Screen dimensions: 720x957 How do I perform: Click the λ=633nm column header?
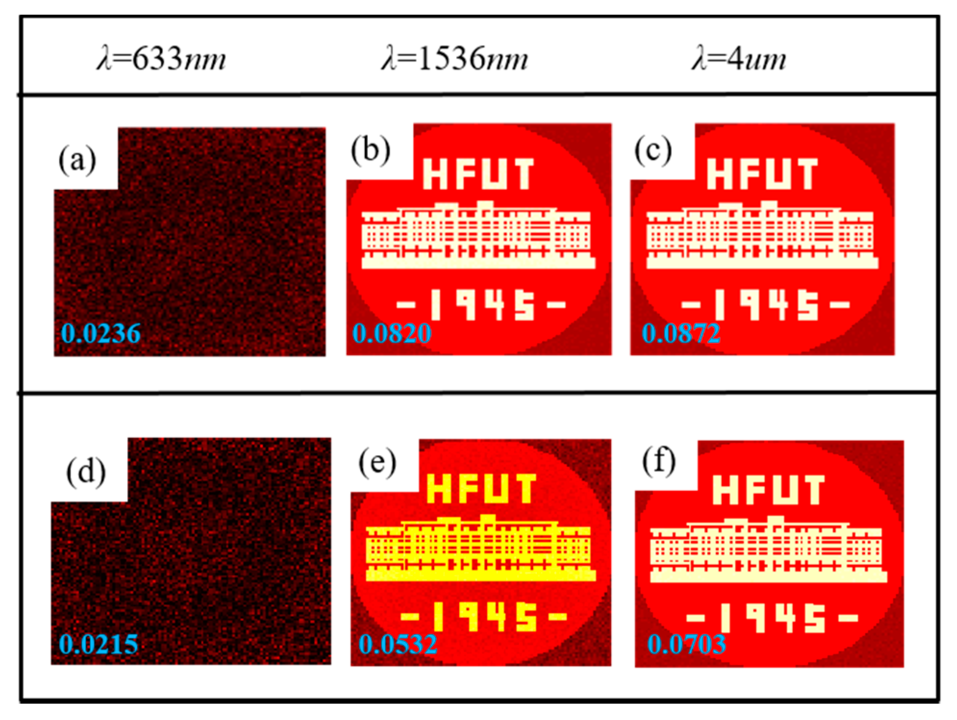(x=162, y=59)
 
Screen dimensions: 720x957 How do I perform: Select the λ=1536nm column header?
(x=455, y=59)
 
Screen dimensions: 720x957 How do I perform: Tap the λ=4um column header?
(x=739, y=59)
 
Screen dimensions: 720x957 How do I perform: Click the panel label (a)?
(x=77, y=160)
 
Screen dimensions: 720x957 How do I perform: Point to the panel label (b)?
(x=370, y=151)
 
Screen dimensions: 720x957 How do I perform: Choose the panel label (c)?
(x=653, y=151)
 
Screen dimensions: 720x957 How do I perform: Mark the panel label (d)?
(x=86, y=472)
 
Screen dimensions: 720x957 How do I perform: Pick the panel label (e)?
(x=377, y=463)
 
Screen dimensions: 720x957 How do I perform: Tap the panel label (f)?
(x=659, y=462)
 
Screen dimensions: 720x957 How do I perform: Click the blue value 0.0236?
(x=101, y=333)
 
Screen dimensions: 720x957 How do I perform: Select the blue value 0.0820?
(x=392, y=333)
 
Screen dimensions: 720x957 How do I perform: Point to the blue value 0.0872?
(x=681, y=333)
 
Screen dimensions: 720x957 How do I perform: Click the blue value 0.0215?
(x=99, y=644)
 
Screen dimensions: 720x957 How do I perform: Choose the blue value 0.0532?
(x=398, y=644)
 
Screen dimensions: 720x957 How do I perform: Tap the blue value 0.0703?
(x=686, y=644)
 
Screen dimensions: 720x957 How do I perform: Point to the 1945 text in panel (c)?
(x=766, y=304)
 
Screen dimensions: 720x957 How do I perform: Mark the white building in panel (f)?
(x=768, y=551)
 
